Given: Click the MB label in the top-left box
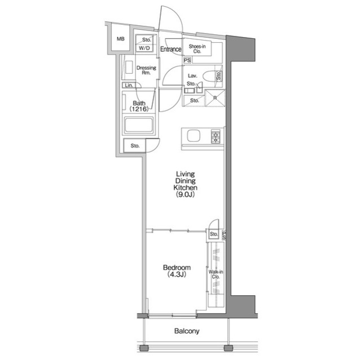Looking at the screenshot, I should pos(120,39).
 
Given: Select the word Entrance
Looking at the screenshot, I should pos(170,50).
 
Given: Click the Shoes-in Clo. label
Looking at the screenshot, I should pos(196,49).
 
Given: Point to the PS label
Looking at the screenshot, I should pos(187,60).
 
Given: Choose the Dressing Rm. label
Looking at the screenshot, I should pos(146,70).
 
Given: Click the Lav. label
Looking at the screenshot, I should pos(191,74).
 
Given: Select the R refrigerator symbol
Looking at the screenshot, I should pos(215,97).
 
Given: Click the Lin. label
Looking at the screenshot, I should pos(129,85).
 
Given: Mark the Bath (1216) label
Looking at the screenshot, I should pos(139,106).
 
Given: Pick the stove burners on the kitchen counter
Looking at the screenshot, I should pos(215,136).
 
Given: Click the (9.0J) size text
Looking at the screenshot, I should pos(186,194).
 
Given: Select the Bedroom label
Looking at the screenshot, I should pos(177,268).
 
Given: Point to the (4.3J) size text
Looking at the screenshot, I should pos(177,275).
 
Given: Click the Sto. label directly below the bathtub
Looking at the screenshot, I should pos(135,146).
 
